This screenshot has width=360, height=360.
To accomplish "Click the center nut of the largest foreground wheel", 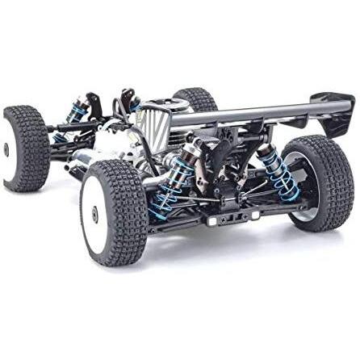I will pyautogui.click(x=95, y=214).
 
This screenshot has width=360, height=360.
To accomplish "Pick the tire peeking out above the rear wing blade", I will pyautogui.click(x=196, y=98).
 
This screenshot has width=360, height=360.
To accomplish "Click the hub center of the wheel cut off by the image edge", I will pyautogui.click(x=6, y=149).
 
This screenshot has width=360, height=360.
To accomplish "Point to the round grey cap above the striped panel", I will pyautogui.click(x=157, y=103).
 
